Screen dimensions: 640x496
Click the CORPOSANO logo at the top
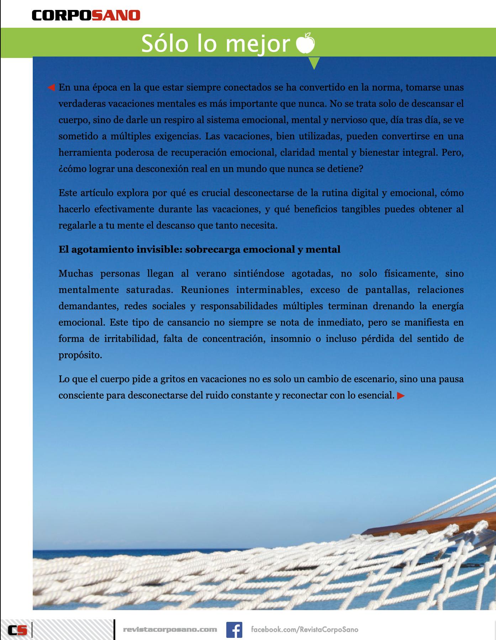[x=86, y=15]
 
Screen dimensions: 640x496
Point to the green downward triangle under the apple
[x=314, y=63]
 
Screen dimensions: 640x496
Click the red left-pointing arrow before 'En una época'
[x=51, y=87]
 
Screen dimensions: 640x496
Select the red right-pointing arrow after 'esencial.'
[x=401, y=395]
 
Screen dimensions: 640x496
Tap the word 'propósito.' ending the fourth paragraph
[x=80, y=355]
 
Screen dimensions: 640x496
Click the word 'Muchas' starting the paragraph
[x=75, y=274]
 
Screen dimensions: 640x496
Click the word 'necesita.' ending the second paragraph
[x=259, y=225]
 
